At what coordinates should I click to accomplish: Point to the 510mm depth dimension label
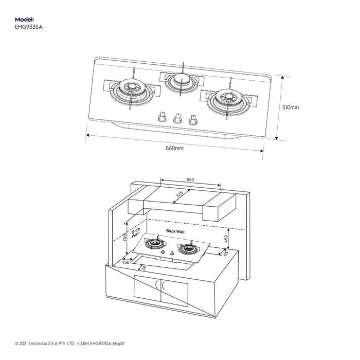291,107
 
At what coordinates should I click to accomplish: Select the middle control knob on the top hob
178,119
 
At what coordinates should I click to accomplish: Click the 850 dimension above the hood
190,179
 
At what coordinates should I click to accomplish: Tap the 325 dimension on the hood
179,195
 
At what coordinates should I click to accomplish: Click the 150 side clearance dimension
125,263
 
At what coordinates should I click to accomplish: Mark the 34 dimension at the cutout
143,268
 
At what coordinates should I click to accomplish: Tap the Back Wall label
175,232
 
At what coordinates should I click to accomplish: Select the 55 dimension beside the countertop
225,253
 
